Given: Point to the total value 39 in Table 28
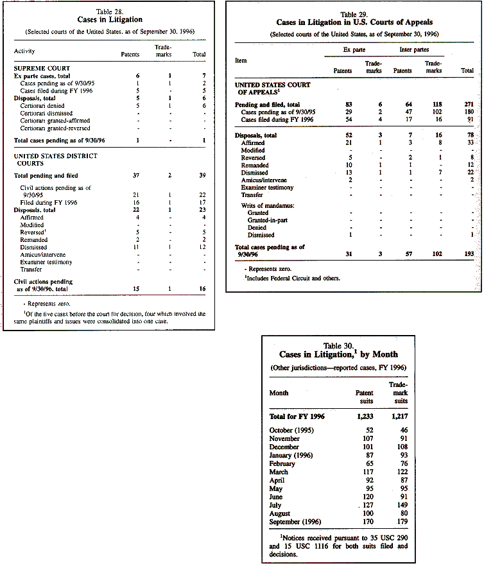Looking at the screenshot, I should tap(201, 175).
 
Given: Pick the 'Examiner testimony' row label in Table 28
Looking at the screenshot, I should tap(46, 262).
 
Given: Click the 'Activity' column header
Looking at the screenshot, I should tap(24, 51).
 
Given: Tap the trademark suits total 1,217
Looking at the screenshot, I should tap(397, 416).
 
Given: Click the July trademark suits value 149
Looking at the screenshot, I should tap(401, 505).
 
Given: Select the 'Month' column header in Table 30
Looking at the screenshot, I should tap(279, 392).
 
